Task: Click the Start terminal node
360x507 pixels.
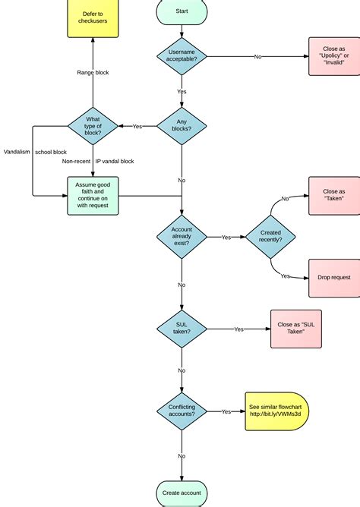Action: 182,11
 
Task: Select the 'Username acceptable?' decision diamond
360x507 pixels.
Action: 182,56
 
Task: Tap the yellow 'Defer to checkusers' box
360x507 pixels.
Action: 93,17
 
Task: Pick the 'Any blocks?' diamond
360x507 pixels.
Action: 182,125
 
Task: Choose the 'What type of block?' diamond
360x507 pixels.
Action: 93,125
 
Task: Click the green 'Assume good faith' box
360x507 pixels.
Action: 93,196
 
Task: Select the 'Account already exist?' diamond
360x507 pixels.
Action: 182,237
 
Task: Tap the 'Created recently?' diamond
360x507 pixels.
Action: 270,237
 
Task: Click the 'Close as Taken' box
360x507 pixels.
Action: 334,195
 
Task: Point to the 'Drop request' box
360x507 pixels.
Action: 334,278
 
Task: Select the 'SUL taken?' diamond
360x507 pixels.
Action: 182,329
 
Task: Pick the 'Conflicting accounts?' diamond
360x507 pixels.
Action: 182,411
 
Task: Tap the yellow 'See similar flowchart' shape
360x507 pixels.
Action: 276,411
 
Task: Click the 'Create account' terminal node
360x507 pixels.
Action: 182,493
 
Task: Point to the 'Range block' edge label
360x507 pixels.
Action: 93,72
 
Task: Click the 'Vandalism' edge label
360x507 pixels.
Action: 17,152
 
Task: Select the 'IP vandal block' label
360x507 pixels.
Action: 115,162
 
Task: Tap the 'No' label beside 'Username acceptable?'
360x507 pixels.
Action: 257,56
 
